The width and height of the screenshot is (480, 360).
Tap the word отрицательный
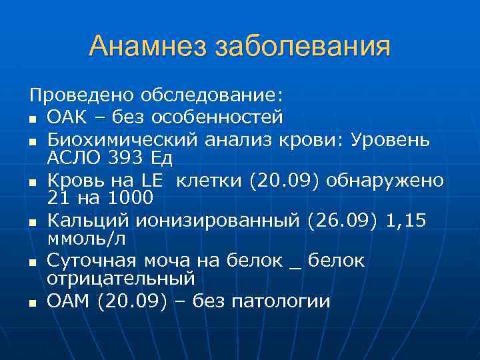pyautogui.click(x=121, y=277)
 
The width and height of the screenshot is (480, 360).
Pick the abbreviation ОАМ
pyautogui.click(x=69, y=301)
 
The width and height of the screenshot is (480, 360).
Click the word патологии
pyautogui.click(x=281, y=301)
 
